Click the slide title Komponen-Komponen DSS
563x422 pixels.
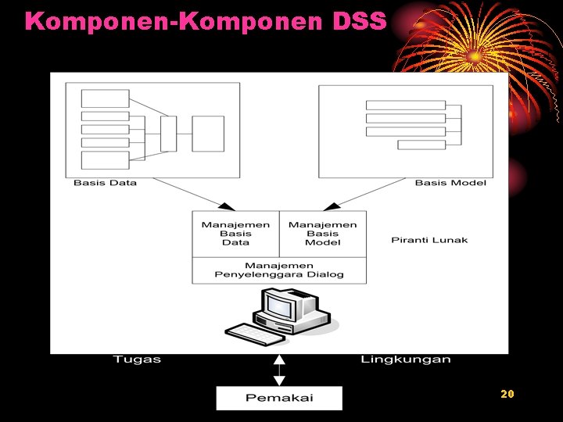pos(205,21)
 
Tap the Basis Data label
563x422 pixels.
pos(105,183)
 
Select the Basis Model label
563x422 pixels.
pos(450,183)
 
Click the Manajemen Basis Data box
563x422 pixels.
pos(235,234)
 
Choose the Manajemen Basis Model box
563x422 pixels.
pos(322,234)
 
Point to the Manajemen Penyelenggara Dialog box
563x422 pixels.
pos(279,270)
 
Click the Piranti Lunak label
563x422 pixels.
pos(429,240)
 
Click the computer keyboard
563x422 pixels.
pos(254,334)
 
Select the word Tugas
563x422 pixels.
pos(137,359)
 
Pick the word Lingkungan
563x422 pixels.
pos(406,359)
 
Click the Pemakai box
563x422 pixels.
pos(279,398)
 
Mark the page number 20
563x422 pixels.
pos(507,394)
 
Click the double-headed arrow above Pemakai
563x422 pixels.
pos(279,370)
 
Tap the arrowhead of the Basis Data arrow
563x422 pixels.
pos(227,206)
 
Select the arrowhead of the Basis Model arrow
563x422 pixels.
pos(331,206)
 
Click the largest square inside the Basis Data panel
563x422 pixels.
pos(208,134)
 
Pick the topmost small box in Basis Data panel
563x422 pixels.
pos(106,98)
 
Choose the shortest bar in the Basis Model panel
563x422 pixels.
pos(421,145)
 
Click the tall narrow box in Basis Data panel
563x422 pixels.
pos(168,134)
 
